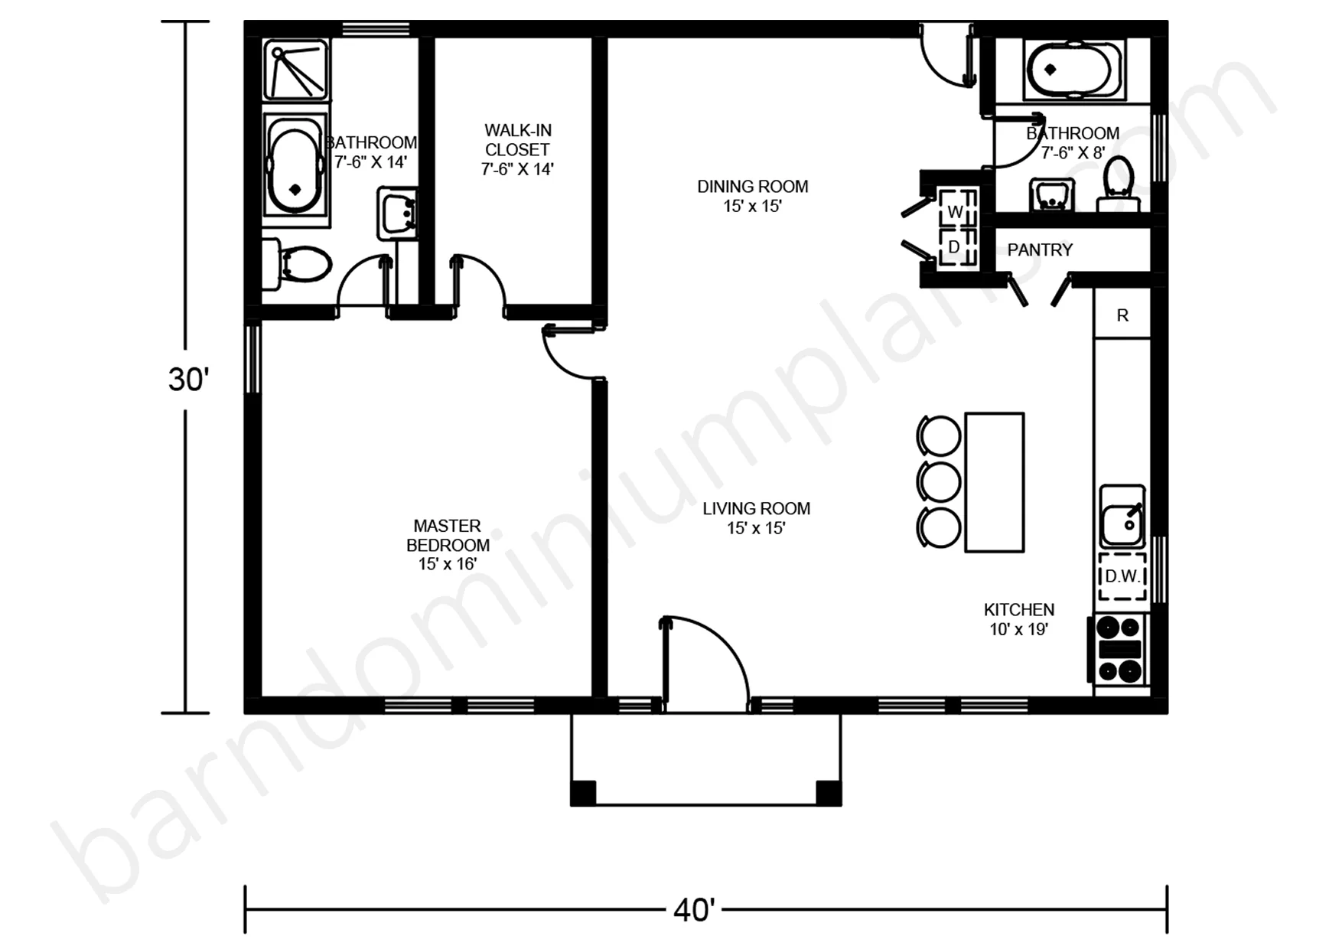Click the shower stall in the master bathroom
298,70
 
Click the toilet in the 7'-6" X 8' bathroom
1119,184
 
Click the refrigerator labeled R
1122,314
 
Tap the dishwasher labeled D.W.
1122,576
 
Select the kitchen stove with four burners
1119,649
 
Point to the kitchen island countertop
995,482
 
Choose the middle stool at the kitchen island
939,482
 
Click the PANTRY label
1040,249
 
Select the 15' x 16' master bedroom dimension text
448,564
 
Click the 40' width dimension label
694,911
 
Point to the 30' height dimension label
188,380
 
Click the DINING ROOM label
753,187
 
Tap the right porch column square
829,792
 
